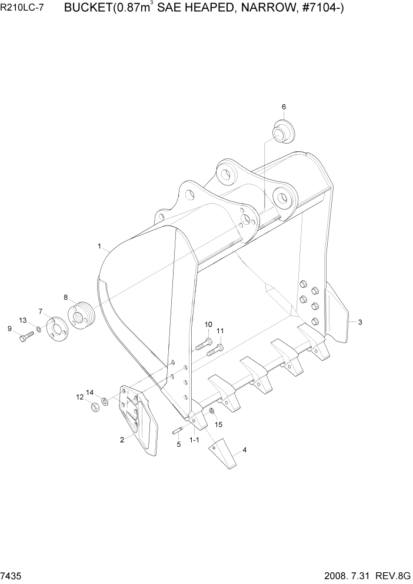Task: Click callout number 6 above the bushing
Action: click(284, 107)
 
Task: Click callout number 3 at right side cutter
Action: click(360, 322)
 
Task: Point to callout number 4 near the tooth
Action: click(245, 450)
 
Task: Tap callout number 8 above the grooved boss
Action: click(66, 297)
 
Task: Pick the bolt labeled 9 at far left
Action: click(24, 338)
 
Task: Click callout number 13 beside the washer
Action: click(23, 320)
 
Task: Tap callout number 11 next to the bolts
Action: click(220, 331)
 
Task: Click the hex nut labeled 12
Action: click(94, 407)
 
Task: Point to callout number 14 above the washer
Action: click(90, 392)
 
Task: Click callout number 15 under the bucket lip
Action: click(218, 424)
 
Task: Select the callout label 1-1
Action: click(194, 440)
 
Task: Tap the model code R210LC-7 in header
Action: click(25, 9)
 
